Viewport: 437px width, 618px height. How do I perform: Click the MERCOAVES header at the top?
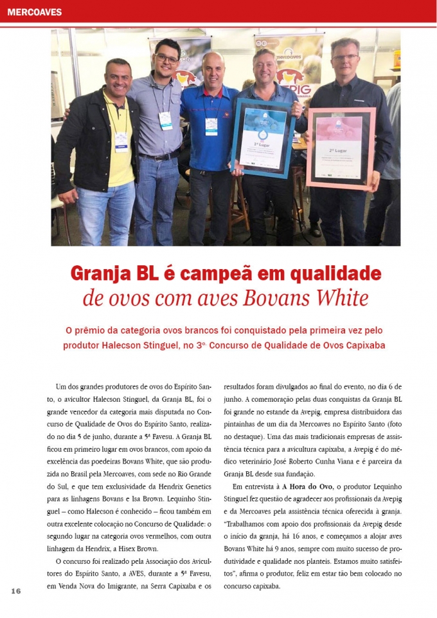[35, 12]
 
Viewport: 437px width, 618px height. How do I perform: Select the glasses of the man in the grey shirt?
[166, 59]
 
